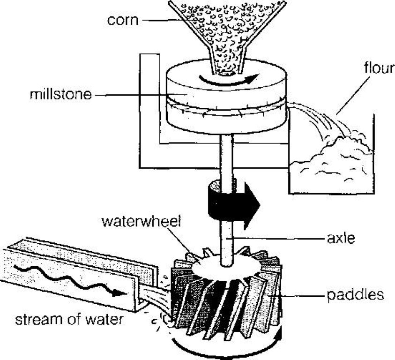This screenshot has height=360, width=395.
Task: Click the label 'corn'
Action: [x=123, y=20]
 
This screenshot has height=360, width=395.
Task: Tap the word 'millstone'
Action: [x=61, y=95]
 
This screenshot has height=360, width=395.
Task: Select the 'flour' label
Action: [x=380, y=68]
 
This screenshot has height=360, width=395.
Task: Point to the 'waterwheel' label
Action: [x=142, y=221]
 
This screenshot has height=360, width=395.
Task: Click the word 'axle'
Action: [x=341, y=238]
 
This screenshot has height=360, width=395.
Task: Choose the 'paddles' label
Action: [x=356, y=295]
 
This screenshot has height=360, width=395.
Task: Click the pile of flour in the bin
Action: [x=330, y=161]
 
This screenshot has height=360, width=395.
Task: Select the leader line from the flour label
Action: [x=353, y=96]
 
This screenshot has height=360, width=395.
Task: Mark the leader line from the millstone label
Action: [x=140, y=95]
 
